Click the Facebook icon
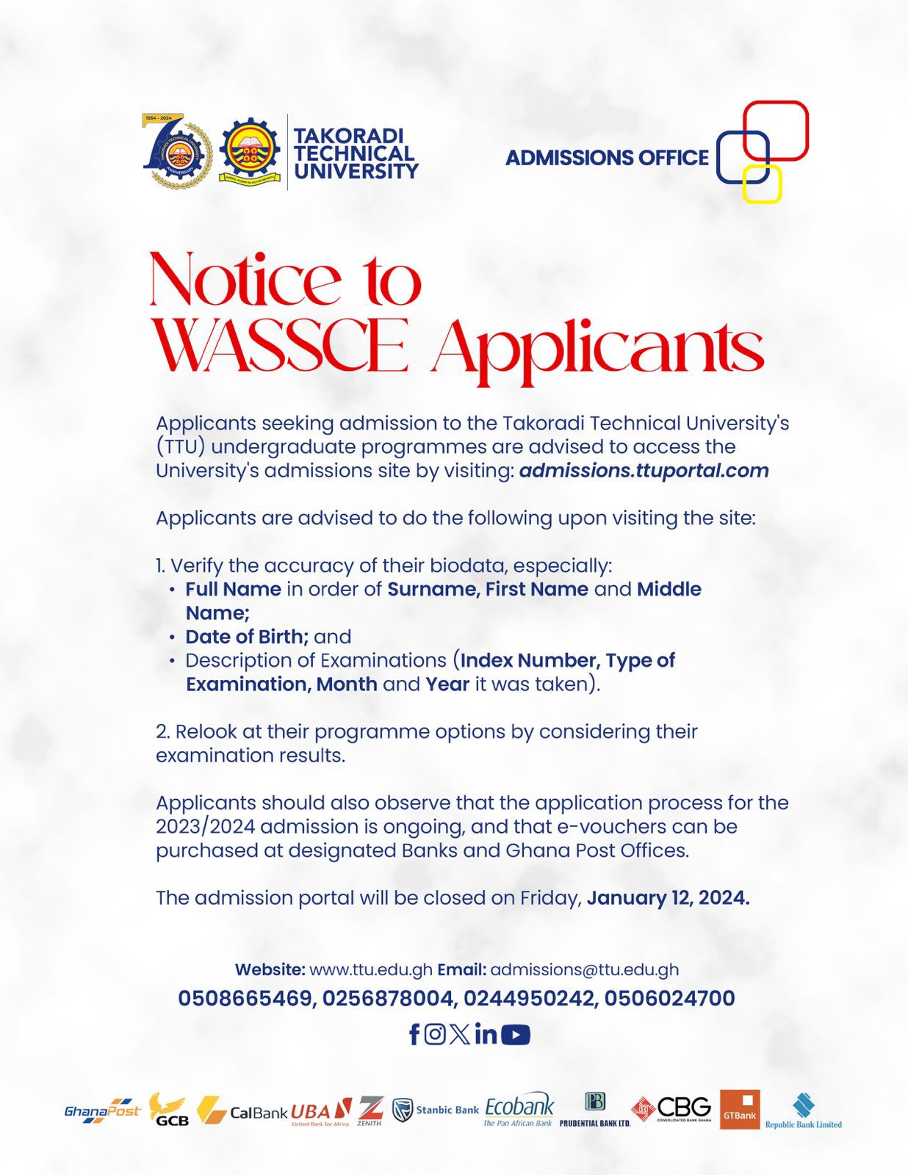414,1035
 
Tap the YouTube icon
516,1035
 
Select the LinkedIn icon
486,1034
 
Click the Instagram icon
435,1034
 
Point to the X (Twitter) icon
460,1034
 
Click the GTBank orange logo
740,1109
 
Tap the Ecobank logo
519,1109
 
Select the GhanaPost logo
102,1111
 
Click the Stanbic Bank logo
436,1110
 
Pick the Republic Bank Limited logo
803,1110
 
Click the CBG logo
672,1109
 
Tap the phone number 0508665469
245,999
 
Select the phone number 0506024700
669,999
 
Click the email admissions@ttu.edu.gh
584,969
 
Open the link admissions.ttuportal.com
644,471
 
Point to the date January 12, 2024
668,898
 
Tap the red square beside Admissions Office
776,131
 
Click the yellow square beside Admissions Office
762,184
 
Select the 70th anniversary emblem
177,152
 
